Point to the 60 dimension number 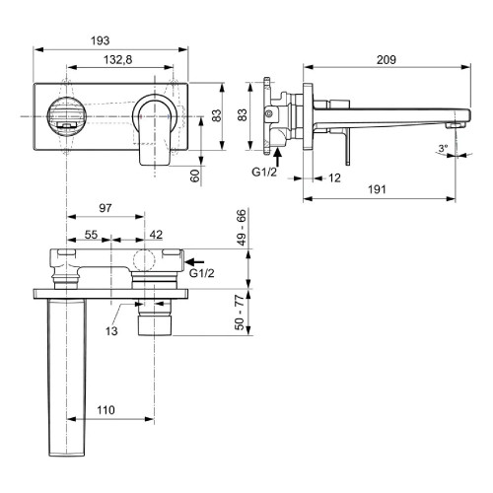pyautogui.click(x=195, y=176)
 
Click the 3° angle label pyautogui.click(x=443, y=149)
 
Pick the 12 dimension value pyautogui.click(x=336, y=178)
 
